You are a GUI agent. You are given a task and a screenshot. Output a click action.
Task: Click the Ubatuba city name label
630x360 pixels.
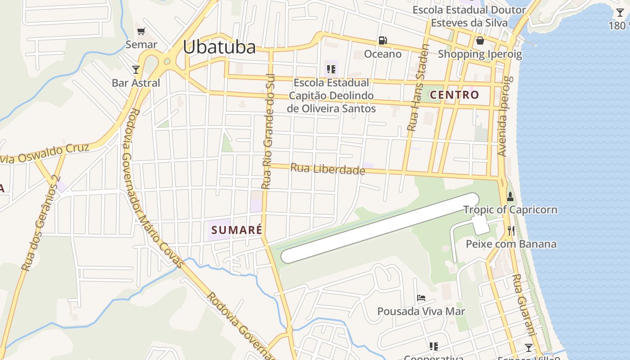219,47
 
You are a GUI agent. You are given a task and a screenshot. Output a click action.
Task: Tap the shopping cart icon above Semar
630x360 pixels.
141,31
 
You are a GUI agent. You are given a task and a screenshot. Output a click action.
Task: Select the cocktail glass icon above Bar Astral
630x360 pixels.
136,69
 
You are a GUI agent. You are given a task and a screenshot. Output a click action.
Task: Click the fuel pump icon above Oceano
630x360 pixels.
382,40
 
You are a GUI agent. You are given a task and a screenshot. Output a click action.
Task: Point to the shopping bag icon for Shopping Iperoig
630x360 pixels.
480,41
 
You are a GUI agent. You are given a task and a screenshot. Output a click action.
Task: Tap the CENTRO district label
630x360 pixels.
454,95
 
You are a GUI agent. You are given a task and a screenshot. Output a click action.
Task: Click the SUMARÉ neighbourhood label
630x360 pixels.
237,230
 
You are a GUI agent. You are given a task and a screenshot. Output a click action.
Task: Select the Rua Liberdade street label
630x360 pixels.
328,169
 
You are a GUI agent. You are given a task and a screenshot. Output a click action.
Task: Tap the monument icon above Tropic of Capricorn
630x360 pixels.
510,197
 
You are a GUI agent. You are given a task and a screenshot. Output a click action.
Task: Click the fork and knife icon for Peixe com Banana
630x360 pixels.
511,231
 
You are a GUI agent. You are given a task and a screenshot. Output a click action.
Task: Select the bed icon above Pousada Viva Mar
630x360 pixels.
421,298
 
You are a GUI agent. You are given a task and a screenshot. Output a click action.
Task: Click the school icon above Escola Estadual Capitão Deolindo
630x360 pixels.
331,69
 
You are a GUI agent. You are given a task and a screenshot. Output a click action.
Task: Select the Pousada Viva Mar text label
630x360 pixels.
421,311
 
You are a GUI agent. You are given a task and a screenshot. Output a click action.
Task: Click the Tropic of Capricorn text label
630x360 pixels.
510,210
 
